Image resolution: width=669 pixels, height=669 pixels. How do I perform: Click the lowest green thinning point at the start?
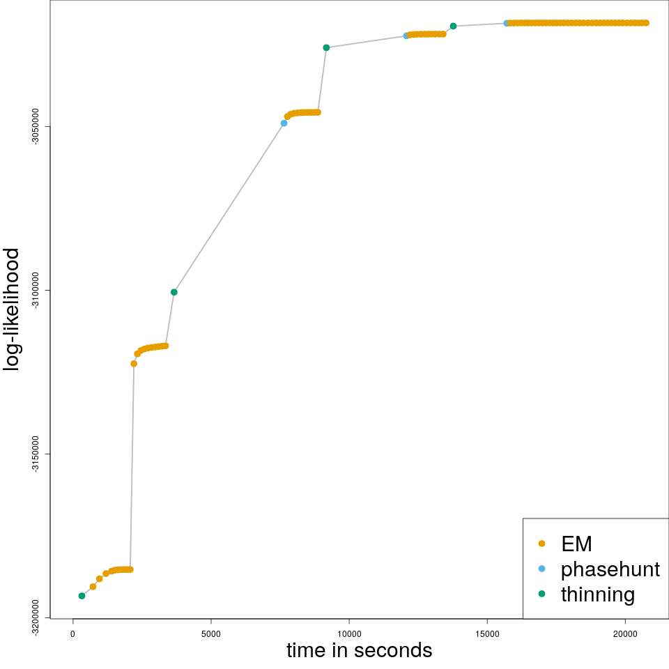point(82,596)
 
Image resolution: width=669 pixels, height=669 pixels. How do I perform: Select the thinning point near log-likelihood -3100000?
point(174,292)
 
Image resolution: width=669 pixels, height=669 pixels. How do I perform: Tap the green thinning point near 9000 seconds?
point(326,47)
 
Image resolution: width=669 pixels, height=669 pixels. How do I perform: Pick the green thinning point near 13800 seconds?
point(453,26)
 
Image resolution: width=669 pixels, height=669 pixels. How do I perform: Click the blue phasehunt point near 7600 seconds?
point(284,123)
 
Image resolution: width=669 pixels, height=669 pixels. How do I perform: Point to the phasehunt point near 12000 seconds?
point(406,36)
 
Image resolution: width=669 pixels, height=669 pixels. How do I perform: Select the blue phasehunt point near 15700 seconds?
point(507,23)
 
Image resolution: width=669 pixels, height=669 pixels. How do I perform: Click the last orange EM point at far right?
point(646,23)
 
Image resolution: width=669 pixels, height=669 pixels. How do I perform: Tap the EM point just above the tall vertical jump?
point(134,364)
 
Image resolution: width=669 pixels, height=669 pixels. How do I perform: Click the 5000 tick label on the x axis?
point(210,633)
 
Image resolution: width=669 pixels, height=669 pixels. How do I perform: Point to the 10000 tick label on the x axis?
point(348,633)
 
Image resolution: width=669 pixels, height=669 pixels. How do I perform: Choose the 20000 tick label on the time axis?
point(625,633)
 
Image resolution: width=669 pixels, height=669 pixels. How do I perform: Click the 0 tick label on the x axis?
point(73,633)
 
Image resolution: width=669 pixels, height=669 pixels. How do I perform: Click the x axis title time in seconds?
point(359,651)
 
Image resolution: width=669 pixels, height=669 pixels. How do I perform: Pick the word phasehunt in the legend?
point(610,569)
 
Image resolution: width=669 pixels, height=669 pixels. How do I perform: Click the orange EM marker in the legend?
point(542,544)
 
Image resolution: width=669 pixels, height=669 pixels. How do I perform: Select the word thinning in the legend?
point(597,594)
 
